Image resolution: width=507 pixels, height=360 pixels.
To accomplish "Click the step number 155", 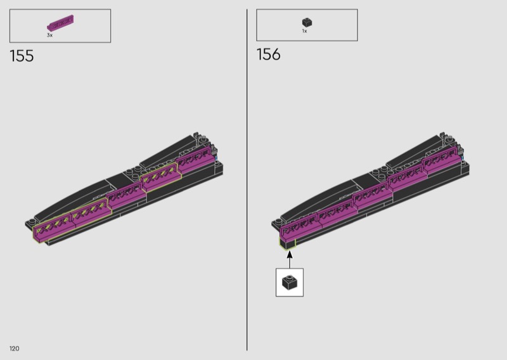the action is (x=22, y=56).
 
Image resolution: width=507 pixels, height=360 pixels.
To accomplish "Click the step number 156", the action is (x=268, y=55).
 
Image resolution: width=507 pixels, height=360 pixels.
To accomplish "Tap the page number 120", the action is (x=14, y=349).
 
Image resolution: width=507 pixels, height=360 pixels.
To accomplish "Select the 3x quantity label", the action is (x=49, y=35).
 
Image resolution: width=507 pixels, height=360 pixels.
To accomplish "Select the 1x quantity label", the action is (x=305, y=31).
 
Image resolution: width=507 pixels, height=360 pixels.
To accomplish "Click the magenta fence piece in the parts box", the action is (x=60, y=23).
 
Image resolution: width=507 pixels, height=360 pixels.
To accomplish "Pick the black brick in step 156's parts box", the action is (x=307, y=22).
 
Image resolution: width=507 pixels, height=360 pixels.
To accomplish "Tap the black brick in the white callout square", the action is (x=290, y=283).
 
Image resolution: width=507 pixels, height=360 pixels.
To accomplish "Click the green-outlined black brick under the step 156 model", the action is (x=288, y=243).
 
